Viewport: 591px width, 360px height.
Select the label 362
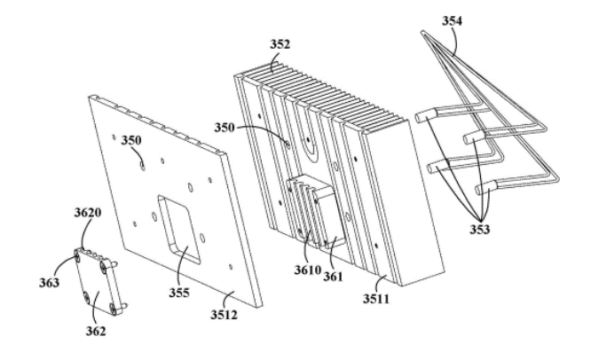(x=97, y=332)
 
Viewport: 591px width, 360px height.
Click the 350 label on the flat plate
(x=131, y=141)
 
